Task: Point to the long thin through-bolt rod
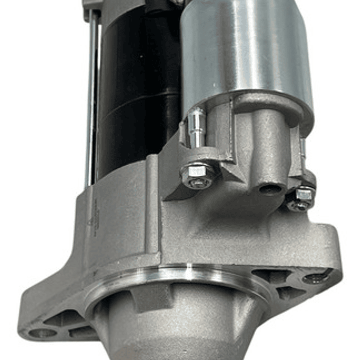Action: pos(92,100)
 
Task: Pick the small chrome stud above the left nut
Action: pos(196,129)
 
